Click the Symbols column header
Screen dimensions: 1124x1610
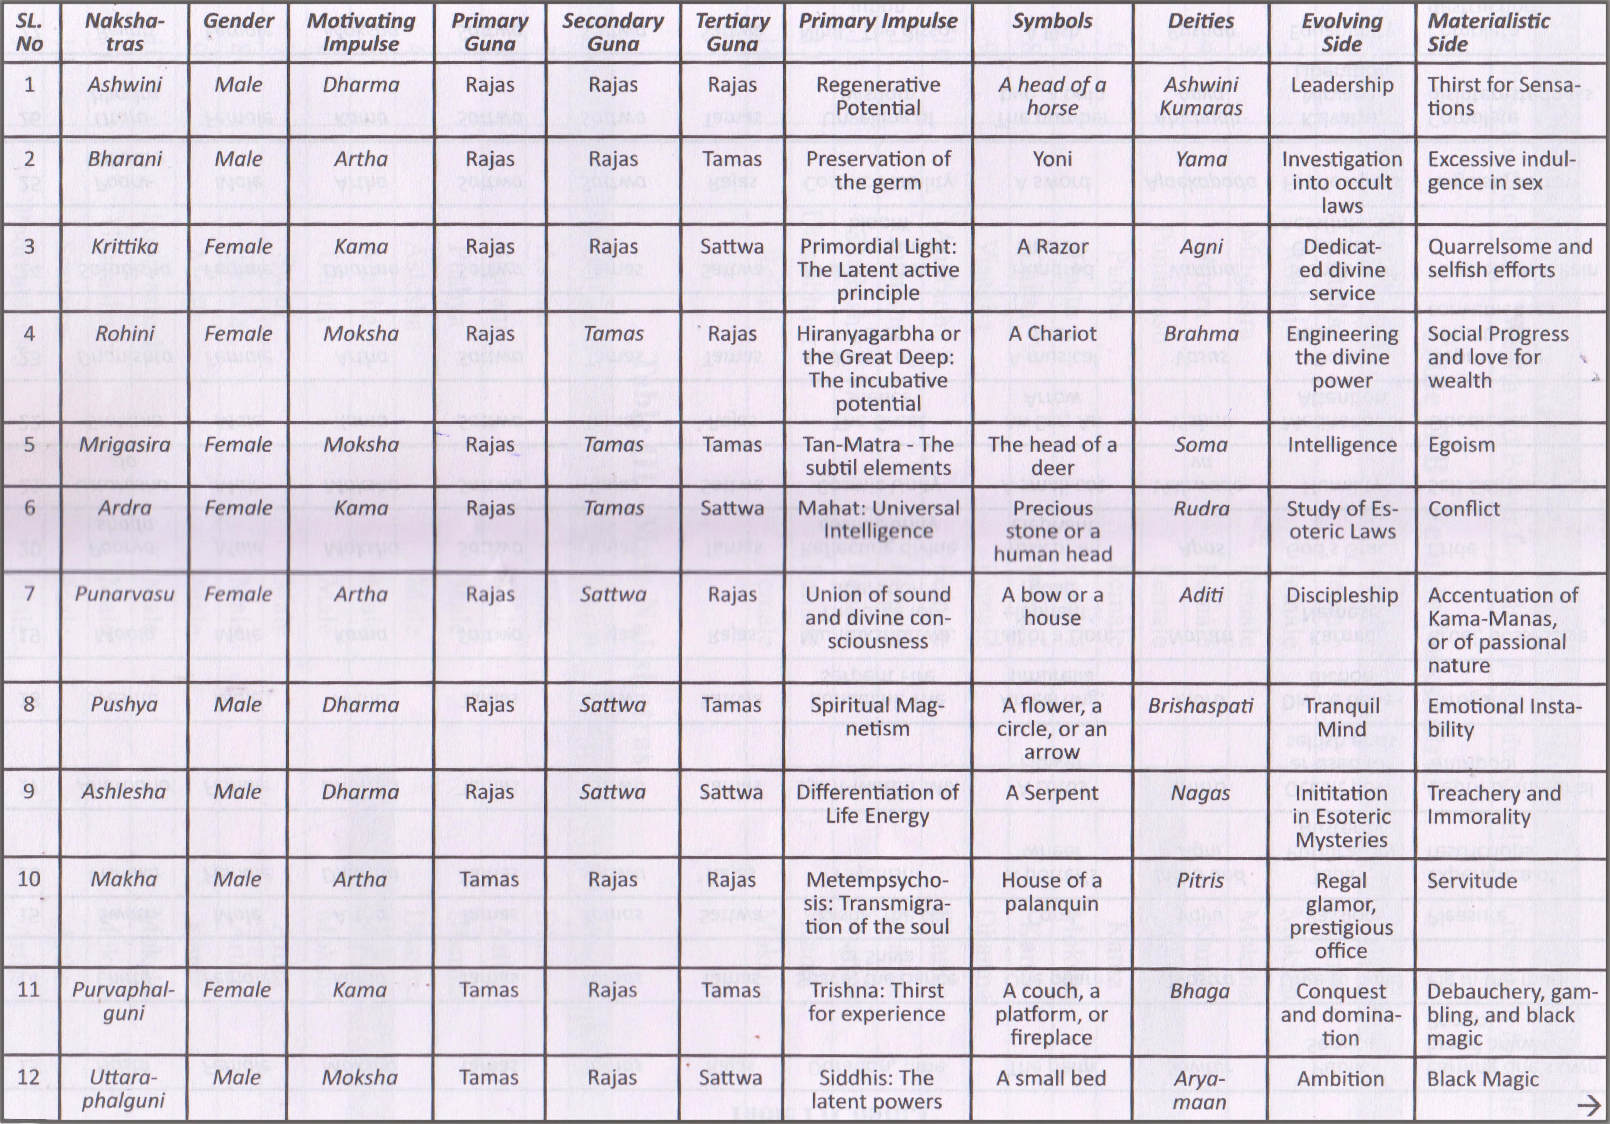coord(1052,21)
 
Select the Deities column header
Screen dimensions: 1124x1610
coord(1200,21)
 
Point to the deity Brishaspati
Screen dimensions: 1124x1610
coord(1200,705)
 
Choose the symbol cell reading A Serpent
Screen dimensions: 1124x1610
coord(1052,793)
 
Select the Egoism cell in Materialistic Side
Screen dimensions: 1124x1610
coord(1461,445)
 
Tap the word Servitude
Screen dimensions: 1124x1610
coord(1472,880)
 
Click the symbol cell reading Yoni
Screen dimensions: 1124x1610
coord(1052,159)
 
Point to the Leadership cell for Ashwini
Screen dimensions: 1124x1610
coord(1341,85)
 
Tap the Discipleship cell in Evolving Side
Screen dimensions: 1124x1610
coord(1341,595)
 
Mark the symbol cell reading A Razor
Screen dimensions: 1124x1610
coord(1052,247)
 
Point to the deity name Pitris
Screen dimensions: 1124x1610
coord(1200,880)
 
